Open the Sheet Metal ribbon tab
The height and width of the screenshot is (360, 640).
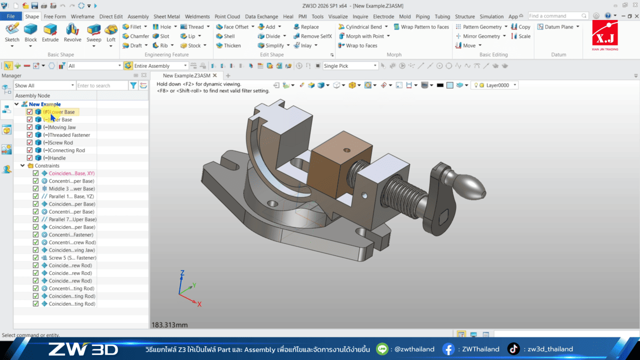click(166, 16)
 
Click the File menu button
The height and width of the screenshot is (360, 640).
click(10, 16)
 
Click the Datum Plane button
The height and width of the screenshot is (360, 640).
click(558, 27)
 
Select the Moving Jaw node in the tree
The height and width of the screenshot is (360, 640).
click(62, 127)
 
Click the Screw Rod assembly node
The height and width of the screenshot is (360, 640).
click(61, 142)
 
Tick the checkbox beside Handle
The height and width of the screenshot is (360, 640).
click(29, 158)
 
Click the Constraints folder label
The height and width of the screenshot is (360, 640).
click(47, 165)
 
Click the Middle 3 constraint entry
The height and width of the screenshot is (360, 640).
click(71, 188)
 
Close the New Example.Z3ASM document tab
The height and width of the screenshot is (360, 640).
click(215, 75)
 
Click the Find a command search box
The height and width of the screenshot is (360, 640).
click(557, 16)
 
